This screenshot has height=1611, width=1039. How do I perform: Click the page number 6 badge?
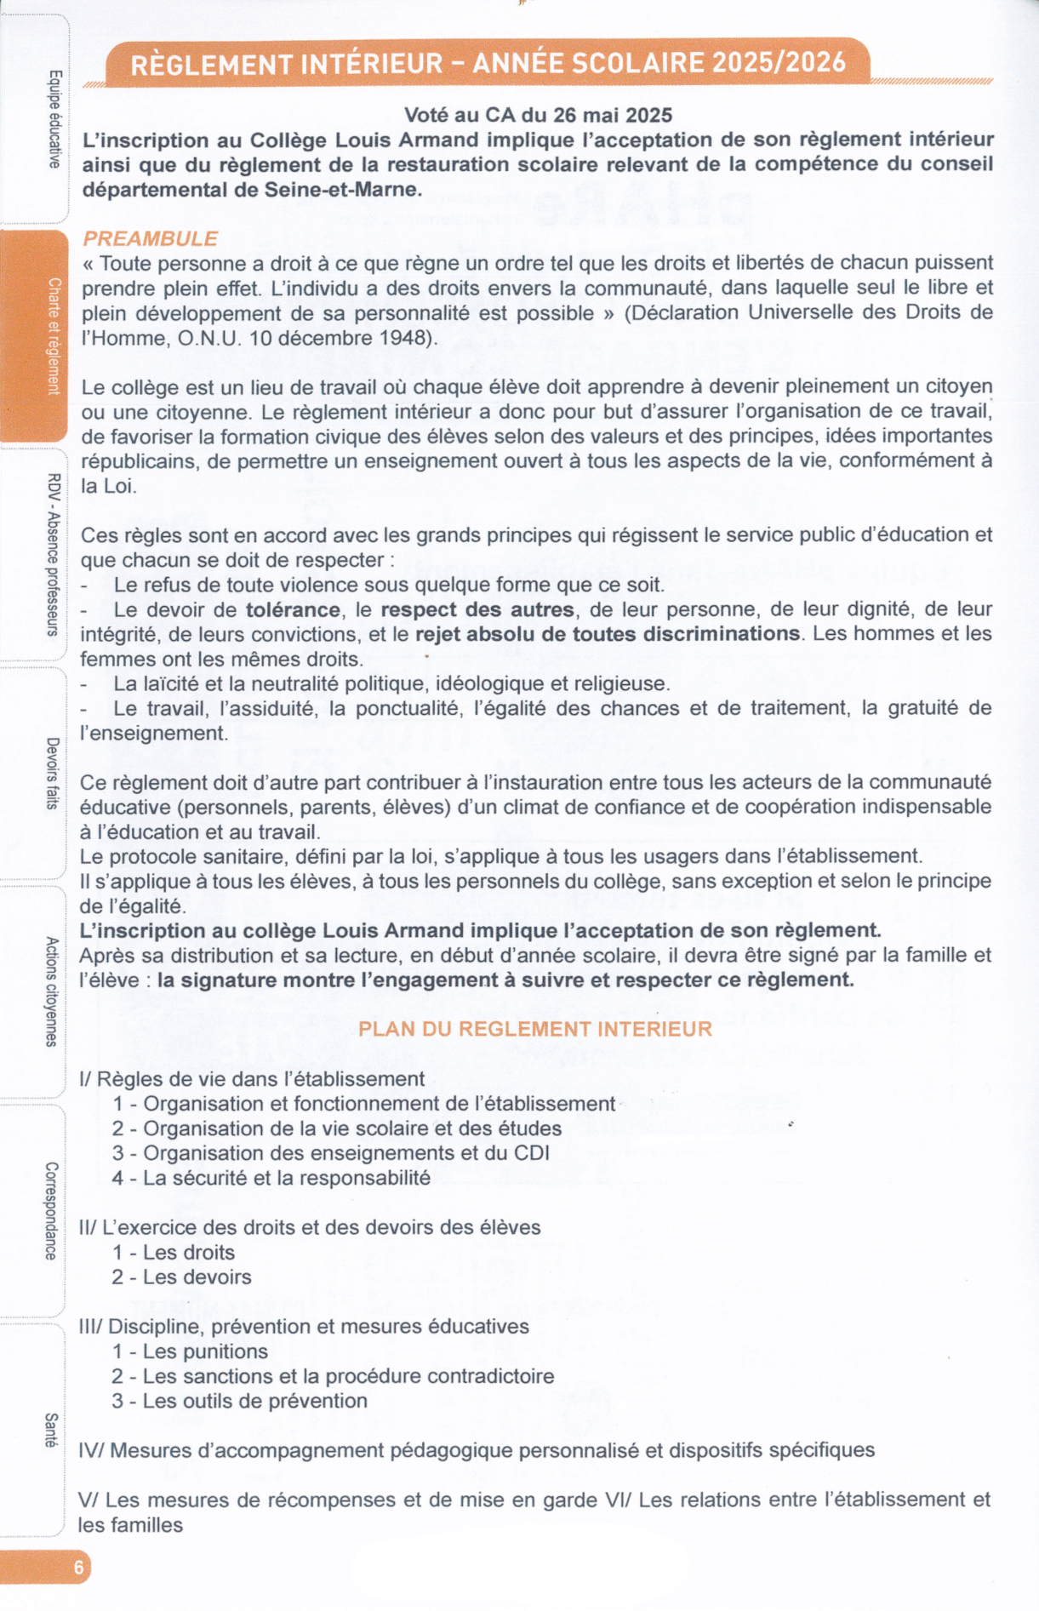pos(77,1567)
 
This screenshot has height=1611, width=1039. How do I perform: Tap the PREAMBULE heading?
pos(150,238)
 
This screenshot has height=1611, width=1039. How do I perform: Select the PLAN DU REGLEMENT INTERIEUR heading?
pos(534,1029)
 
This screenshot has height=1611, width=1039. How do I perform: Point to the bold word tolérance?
pos(293,609)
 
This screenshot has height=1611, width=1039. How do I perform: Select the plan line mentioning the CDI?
pos(330,1153)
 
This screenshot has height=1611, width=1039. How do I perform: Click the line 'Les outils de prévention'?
pos(240,1401)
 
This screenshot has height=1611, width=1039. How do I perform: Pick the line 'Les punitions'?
pos(190,1351)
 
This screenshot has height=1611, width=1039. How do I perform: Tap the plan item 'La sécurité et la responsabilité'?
pos(271,1178)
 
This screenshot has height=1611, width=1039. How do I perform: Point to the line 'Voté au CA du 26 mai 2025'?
pos(538,115)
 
